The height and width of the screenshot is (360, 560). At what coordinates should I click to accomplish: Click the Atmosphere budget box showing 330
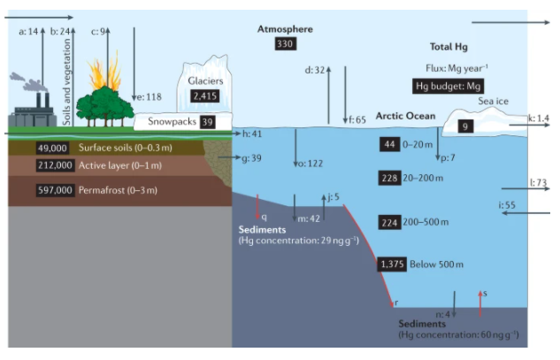284,44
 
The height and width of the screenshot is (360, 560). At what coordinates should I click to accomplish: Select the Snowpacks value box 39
208,122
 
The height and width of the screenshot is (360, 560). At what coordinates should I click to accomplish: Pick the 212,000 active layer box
55,165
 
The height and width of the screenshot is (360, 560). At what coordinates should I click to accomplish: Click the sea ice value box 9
466,126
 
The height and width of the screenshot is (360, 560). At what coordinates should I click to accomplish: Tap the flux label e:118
148,97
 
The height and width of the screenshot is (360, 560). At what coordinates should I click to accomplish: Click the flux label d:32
315,69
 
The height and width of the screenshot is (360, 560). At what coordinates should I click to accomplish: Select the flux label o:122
310,163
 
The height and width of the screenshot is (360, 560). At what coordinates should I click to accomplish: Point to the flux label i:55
508,205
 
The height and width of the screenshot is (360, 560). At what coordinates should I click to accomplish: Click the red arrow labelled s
479,303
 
